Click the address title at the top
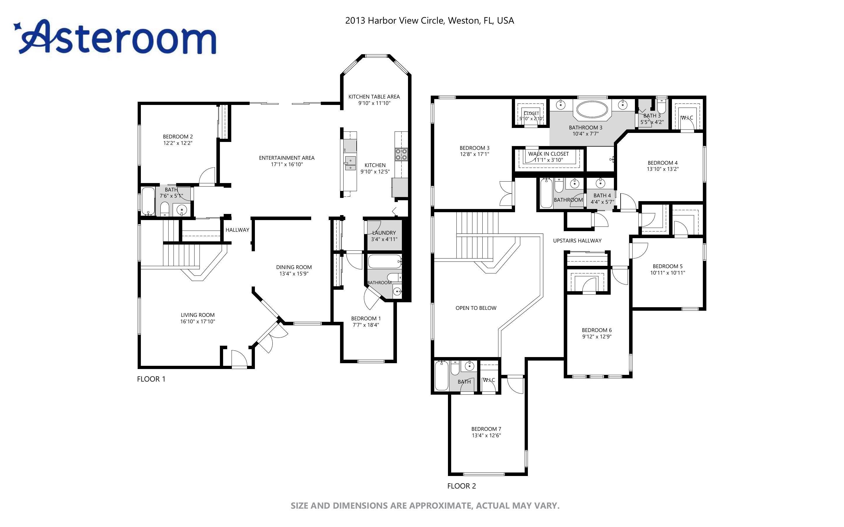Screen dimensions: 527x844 [x=429, y=21]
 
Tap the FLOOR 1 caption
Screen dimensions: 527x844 [x=151, y=379]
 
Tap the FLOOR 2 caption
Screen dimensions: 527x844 [x=461, y=486]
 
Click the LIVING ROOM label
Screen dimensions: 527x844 [x=197, y=315]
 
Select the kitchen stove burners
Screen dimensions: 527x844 [x=401, y=154]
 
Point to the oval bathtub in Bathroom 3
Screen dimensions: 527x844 [x=592, y=109]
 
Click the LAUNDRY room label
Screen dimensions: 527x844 [x=384, y=233]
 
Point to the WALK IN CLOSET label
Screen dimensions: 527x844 [x=548, y=154]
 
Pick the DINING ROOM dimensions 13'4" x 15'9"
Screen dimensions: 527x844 [x=294, y=274]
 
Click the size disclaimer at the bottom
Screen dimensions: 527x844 [x=425, y=506]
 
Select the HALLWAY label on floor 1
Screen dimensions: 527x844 [x=237, y=230]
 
